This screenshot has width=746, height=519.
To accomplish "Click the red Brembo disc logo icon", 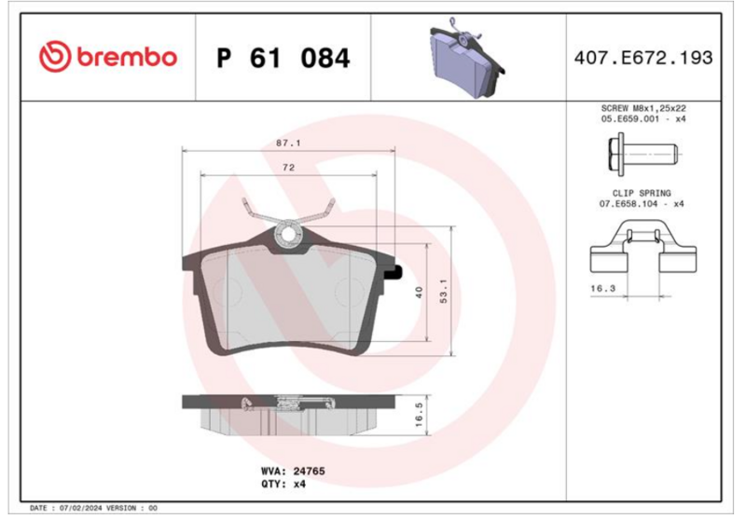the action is [x=55, y=57].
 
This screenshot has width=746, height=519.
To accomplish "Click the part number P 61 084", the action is [x=283, y=58].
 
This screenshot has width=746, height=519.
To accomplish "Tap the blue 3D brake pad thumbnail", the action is [x=466, y=58].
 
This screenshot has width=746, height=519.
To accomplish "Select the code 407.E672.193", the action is [x=643, y=58].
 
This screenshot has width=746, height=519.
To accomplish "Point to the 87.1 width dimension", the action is [x=288, y=143].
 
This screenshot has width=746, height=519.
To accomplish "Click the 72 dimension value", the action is [x=288, y=168].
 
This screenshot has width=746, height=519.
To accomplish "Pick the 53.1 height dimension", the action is [x=444, y=291].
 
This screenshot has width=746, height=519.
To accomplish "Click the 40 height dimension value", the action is [x=419, y=293].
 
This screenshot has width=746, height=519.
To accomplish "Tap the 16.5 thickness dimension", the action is [x=419, y=415].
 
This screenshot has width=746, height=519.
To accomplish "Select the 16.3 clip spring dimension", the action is [x=602, y=288].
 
